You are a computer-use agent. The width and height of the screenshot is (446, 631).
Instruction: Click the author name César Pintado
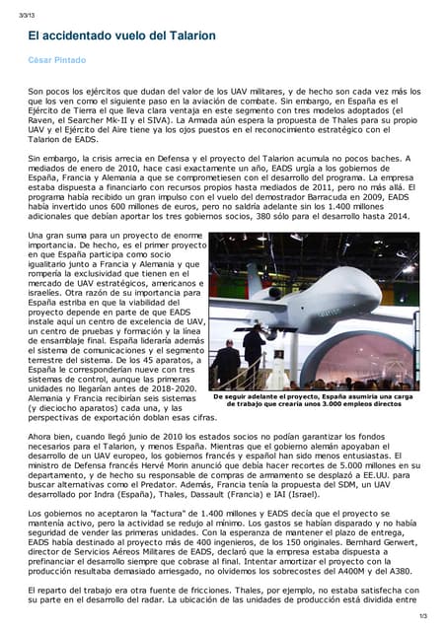(58, 60)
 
